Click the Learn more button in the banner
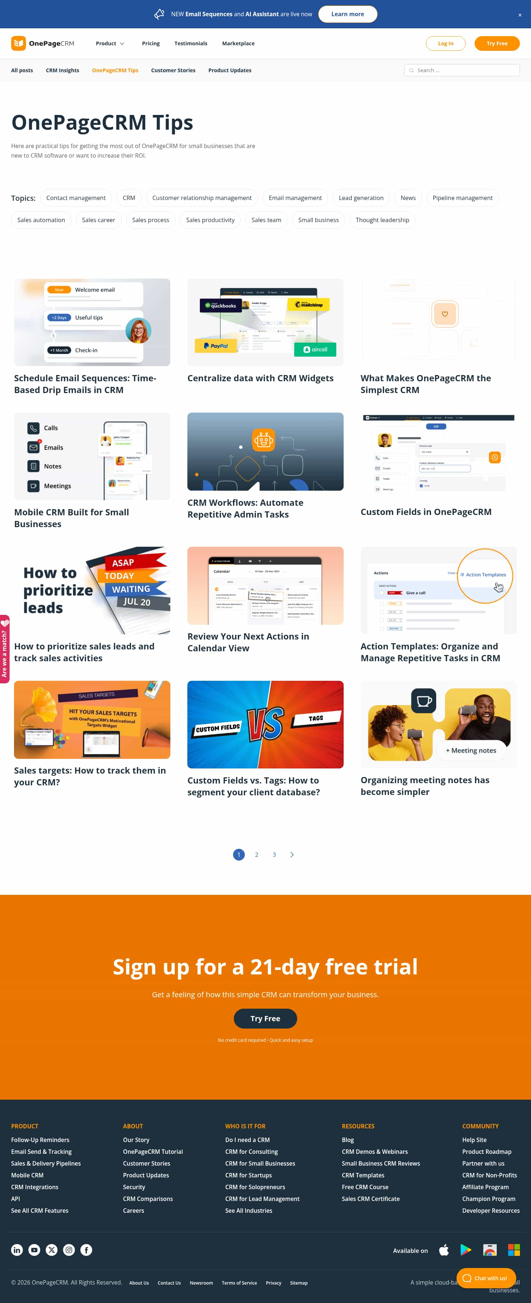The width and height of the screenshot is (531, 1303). [347, 14]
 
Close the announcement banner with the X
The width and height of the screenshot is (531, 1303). [519, 15]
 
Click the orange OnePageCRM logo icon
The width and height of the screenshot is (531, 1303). [18, 43]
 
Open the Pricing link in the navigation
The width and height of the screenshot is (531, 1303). [150, 43]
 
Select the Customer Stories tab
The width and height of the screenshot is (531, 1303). [173, 70]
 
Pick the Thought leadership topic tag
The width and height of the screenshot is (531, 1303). [382, 220]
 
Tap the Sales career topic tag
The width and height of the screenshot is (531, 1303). [98, 220]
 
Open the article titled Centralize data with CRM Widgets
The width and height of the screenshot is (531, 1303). [260, 378]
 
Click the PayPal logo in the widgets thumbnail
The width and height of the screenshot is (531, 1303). [216, 346]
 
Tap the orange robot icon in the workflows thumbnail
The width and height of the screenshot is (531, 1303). [263, 439]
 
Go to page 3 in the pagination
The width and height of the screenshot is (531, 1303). [274, 854]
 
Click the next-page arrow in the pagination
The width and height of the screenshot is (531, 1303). [292, 854]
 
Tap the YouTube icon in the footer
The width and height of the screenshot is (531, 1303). [34, 1250]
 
